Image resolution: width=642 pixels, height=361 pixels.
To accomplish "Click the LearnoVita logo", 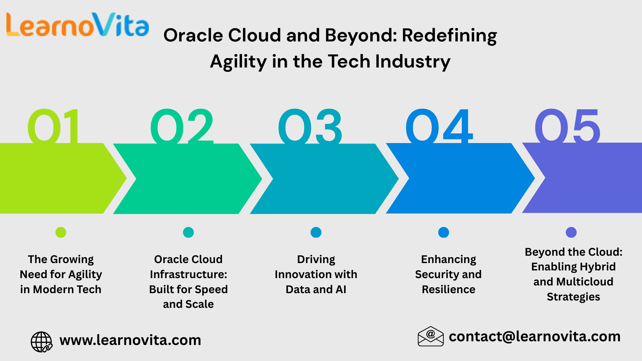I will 78,25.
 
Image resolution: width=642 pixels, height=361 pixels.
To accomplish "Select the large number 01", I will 53,126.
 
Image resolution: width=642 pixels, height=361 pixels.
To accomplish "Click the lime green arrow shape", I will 57,178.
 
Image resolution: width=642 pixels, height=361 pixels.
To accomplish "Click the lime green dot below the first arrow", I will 61,232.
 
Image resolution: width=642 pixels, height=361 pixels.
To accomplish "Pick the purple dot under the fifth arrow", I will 571,232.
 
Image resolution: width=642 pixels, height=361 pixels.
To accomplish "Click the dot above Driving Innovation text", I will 316,232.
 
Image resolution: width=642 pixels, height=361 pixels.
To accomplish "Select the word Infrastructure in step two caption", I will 188,274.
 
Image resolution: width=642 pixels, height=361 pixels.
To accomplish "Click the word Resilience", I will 448,289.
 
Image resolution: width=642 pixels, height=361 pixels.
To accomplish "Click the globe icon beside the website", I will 41,342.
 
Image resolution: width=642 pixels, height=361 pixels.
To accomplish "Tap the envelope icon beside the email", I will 430,337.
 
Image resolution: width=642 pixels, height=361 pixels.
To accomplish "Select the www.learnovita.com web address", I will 130,340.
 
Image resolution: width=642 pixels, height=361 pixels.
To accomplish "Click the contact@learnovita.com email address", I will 534,337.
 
